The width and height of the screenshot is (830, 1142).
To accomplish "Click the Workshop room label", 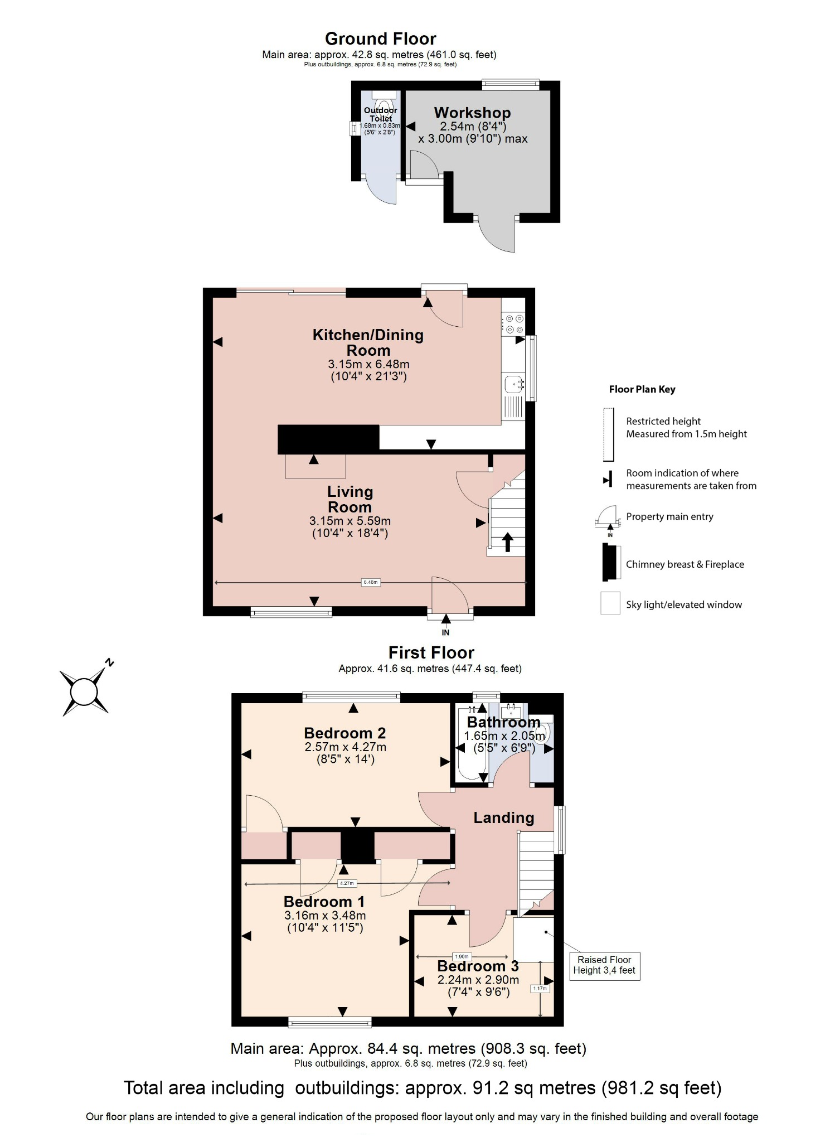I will tap(472, 113).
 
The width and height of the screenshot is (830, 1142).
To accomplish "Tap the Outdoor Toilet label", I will tap(380, 114).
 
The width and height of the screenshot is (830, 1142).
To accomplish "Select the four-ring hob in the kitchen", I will tap(513, 324).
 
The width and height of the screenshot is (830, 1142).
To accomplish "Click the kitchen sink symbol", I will tap(513, 384).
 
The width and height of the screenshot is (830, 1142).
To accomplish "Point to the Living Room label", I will tap(350, 499).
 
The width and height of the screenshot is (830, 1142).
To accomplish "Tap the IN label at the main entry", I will tap(445, 632).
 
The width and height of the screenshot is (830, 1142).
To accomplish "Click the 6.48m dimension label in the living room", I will tap(370, 582).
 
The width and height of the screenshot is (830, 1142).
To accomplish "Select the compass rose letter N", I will tap(109, 662).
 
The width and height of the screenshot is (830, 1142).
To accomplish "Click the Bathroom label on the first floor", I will tap(503, 722).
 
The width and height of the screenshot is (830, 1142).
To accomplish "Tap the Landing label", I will tap(503, 817).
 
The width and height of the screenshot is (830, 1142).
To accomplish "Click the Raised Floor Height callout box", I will tap(604, 965).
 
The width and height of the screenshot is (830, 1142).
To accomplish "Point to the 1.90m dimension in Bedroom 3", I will tap(462, 956).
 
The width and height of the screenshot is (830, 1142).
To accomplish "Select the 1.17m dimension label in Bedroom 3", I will tap(540, 988).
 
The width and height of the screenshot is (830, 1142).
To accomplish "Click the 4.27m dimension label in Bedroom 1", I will tap(346, 883).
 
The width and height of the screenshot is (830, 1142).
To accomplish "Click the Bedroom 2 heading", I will tap(344, 733).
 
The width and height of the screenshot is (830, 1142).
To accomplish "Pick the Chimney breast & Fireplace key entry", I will tap(685, 564).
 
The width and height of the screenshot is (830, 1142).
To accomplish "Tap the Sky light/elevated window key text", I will tap(683, 604).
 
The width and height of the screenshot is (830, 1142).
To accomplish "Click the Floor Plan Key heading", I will tap(642, 389).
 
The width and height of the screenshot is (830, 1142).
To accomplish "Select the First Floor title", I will tap(431, 652).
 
